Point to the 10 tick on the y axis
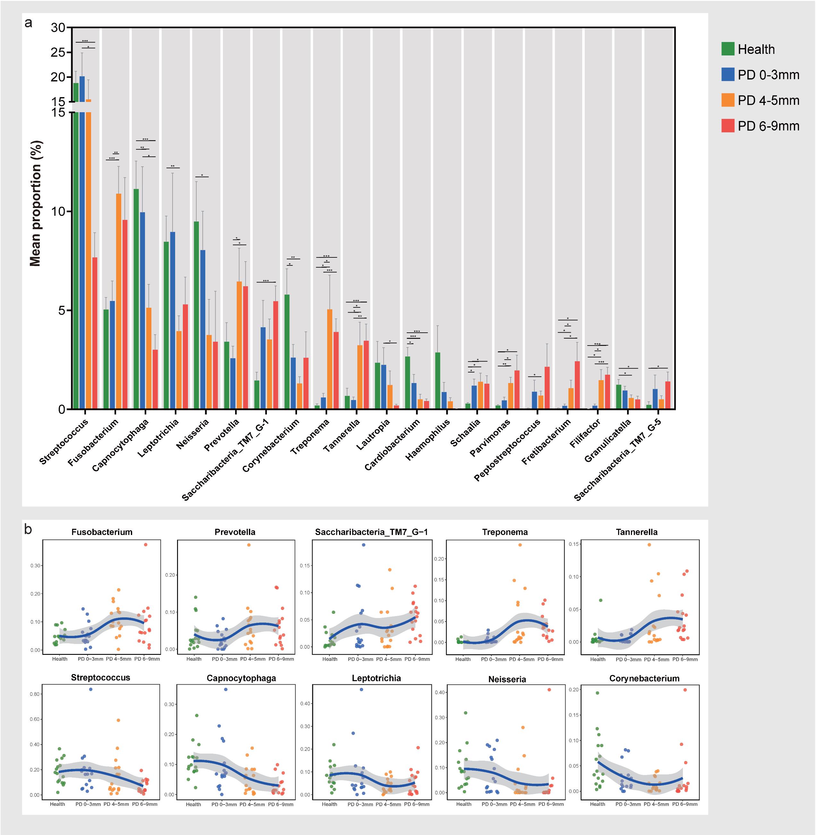coord(57,211)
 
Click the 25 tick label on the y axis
coord(57,52)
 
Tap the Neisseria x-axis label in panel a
coord(192,434)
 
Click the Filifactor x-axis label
coord(585,433)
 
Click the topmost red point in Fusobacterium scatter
coord(146,545)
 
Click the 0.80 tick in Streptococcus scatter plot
coord(35,694)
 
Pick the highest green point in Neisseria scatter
coord(465,713)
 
